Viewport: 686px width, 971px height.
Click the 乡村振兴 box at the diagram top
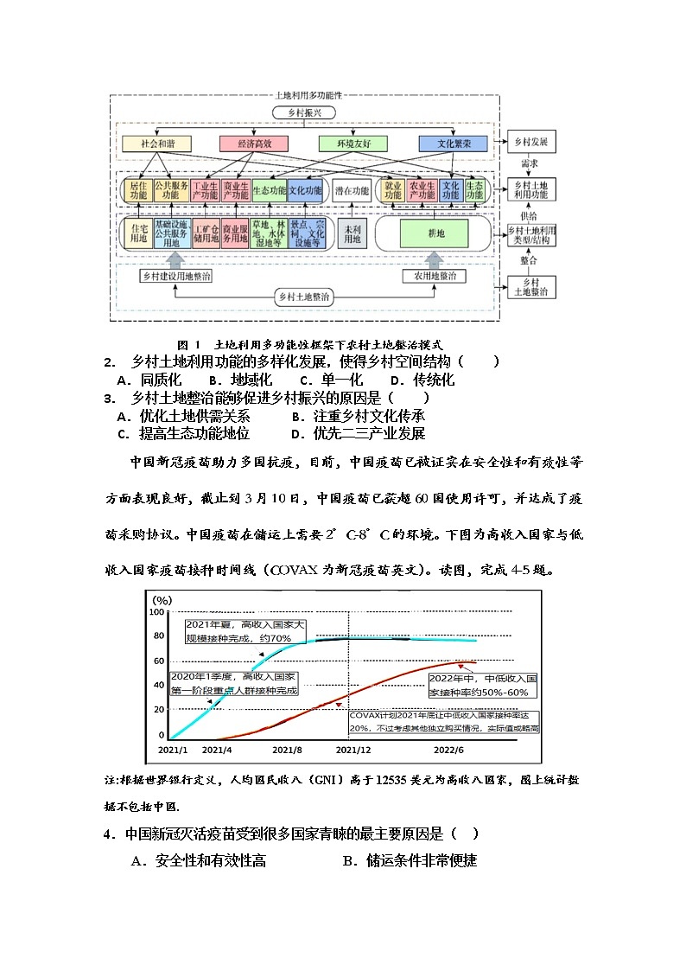click(x=304, y=113)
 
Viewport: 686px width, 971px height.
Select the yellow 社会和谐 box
click(x=156, y=144)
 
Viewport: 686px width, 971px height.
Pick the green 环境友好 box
click(x=353, y=144)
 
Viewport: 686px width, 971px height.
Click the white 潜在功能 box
click(x=352, y=191)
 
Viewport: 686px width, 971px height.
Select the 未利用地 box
click(x=353, y=233)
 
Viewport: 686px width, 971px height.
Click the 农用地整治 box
click(x=434, y=276)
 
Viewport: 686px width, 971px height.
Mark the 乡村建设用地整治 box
click(x=176, y=276)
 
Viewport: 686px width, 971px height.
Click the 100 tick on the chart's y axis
click(x=156, y=612)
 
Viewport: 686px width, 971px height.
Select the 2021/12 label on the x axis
click(x=353, y=750)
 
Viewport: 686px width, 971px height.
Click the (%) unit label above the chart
click(x=162, y=599)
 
